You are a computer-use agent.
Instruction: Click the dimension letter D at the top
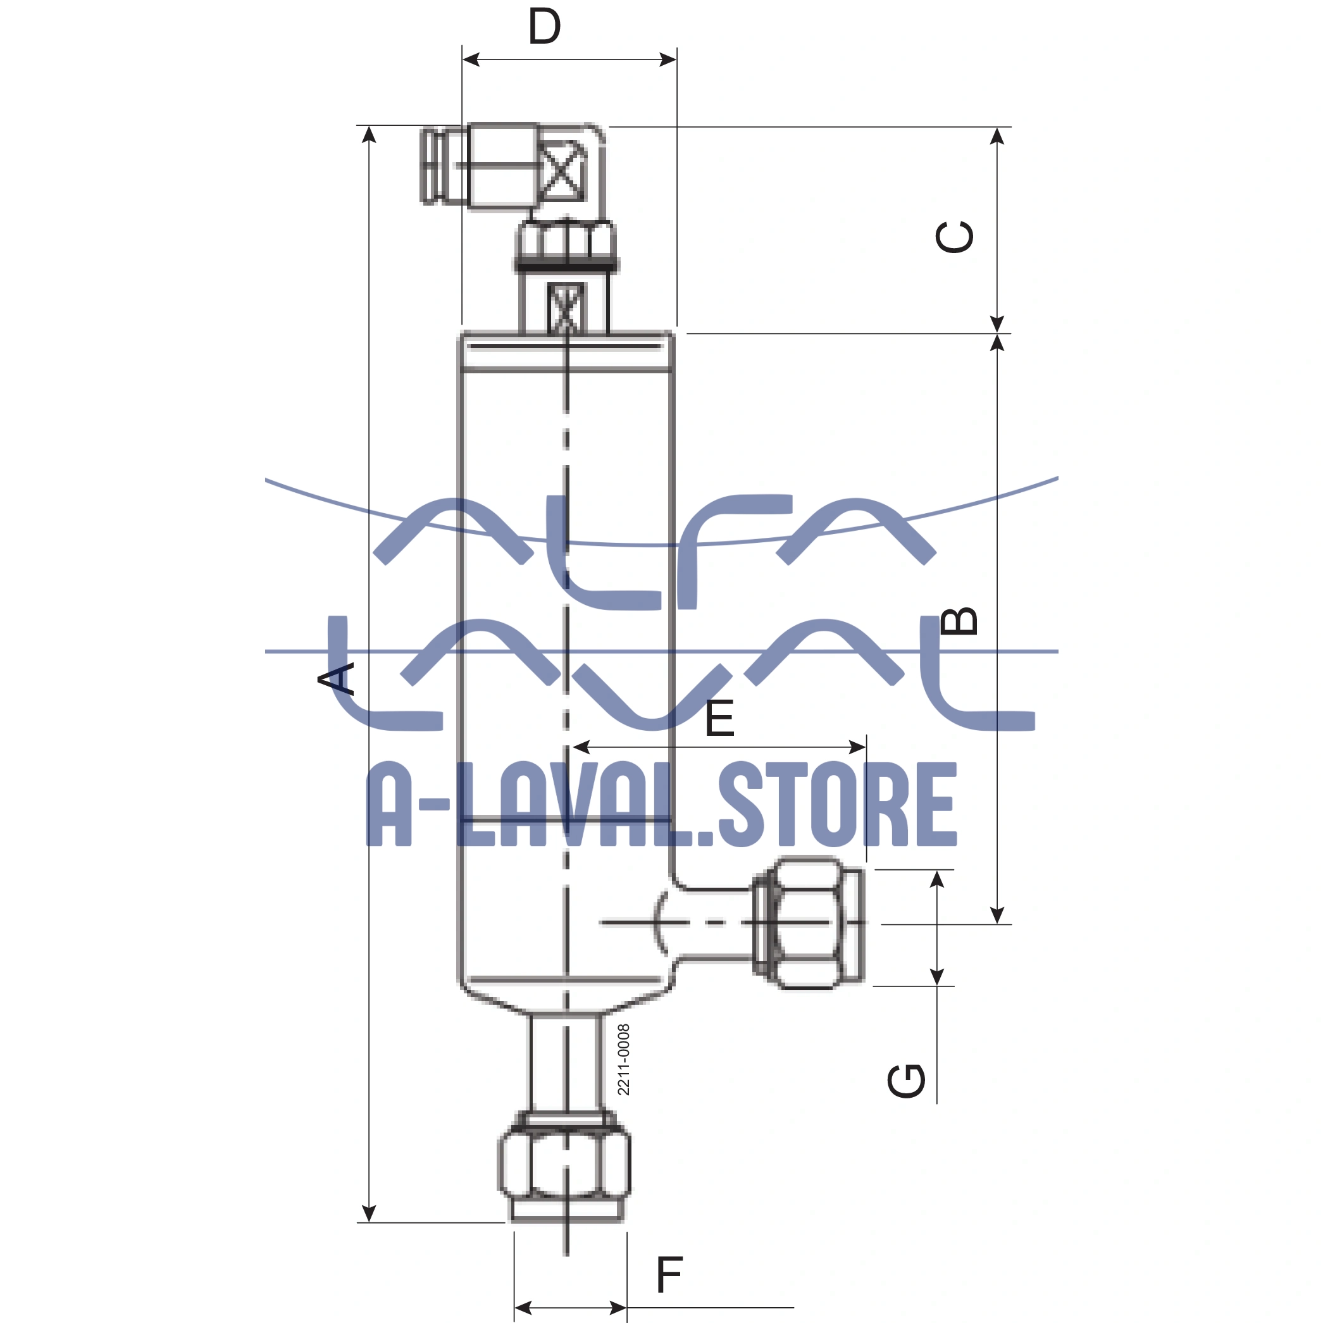544,27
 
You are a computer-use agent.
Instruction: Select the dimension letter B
959,621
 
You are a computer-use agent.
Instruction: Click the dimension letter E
719,718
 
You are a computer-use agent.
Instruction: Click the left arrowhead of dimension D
469,60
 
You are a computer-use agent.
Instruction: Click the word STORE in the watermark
836,805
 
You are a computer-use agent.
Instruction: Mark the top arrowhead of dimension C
997,135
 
